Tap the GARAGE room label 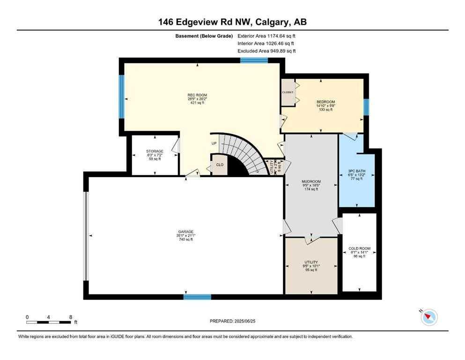tap(185, 232)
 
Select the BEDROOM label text tap(325, 102)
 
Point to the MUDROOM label tap(311, 181)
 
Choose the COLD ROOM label tap(359, 248)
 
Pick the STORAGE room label tap(154, 151)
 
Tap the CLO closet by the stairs tap(219, 165)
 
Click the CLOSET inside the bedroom tap(288, 92)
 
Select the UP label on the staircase tap(214, 143)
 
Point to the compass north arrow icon tap(428, 317)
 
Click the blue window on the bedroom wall tap(366, 107)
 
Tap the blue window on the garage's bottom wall tap(197, 297)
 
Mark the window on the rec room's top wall tap(254, 60)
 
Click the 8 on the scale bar tap(70, 317)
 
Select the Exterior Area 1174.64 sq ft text tap(266, 35)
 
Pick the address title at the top tap(232, 22)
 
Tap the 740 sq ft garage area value tap(185, 240)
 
